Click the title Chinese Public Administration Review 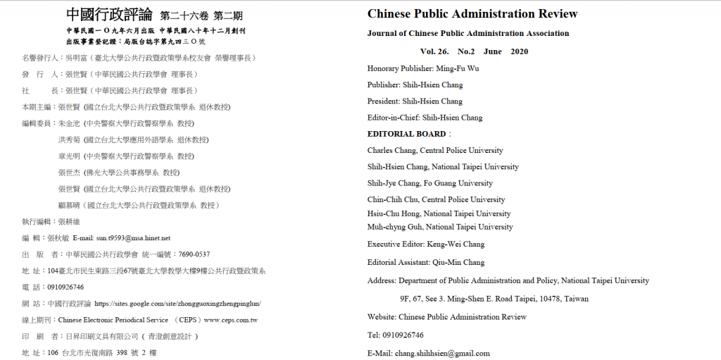[x=472, y=14]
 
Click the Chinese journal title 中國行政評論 [x=110, y=15]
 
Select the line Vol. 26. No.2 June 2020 [x=473, y=51]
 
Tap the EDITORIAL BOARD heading [x=406, y=134]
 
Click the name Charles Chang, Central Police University [x=434, y=150]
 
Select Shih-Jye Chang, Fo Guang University [x=430, y=183]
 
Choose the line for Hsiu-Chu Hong [x=439, y=213]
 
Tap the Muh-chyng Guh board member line [x=440, y=227]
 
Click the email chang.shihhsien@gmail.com [x=441, y=353]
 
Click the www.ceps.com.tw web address [x=231, y=320]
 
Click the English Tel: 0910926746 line [x=395, y=335]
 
